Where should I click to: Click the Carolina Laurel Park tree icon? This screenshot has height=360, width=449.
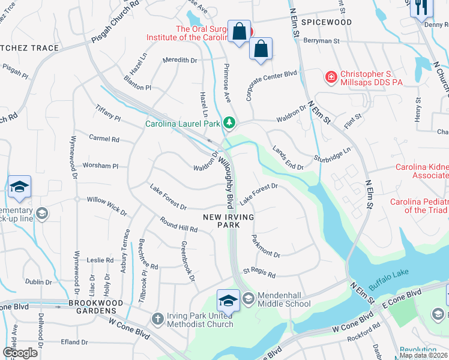coord(228,123)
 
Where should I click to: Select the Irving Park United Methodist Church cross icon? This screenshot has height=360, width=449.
coord(157,318)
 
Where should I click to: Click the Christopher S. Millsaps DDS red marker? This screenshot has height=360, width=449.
coord(330,77)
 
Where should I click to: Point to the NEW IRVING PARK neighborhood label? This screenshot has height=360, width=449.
coord(228,221)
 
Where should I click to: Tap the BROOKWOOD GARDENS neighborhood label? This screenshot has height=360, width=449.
coord(83,311)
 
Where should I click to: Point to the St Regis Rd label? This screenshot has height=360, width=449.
coord(259,273)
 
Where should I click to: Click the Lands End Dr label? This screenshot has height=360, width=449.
coord(288,157)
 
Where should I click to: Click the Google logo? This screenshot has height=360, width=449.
coord(20,353)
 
